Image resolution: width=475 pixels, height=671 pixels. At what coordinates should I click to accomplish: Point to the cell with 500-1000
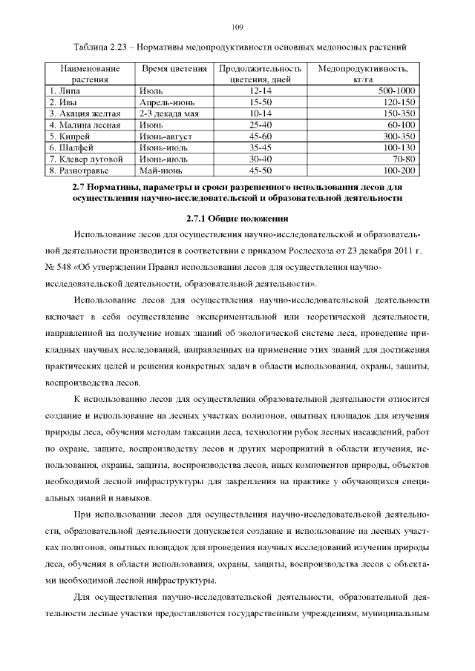click(x=396, y=90)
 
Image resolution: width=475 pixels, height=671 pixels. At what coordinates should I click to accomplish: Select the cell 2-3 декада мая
click(x=169, y=113)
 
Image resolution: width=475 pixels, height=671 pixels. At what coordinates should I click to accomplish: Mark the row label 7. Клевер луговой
click(x=85, y=159)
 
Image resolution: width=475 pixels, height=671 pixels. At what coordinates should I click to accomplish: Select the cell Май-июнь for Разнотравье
click(x=161, y=170)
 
